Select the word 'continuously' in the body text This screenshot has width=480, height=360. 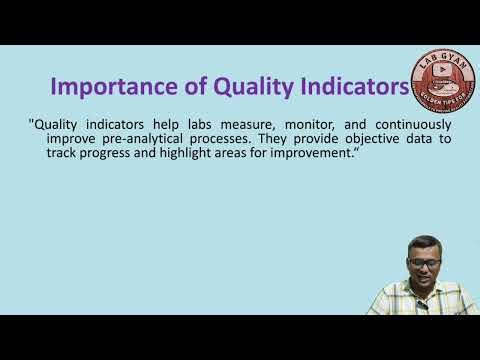(412, 124)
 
